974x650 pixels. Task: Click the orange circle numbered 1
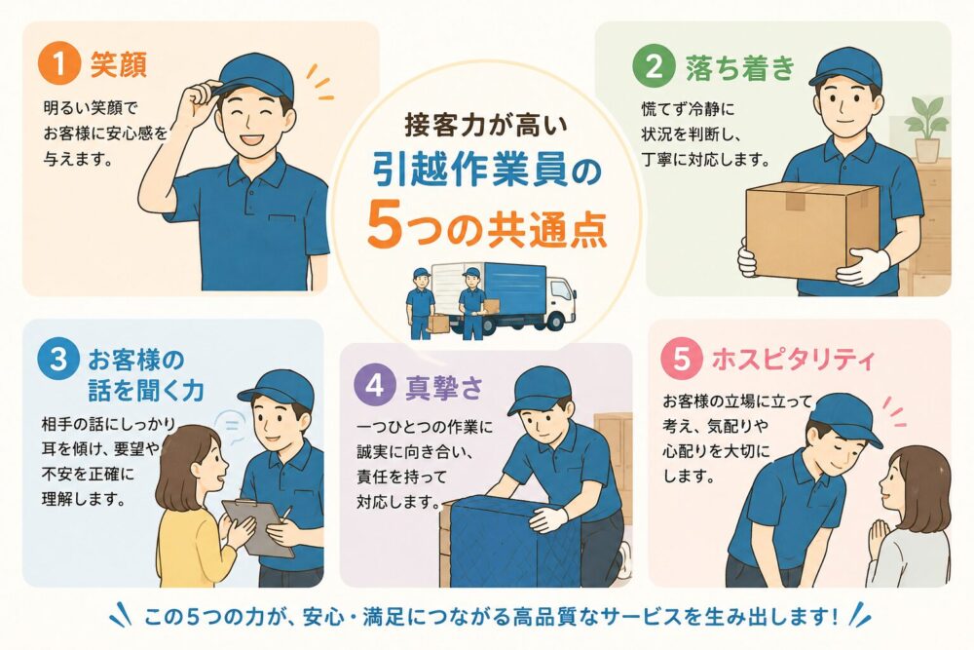click(59, 63)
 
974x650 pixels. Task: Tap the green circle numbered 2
click(654, 66)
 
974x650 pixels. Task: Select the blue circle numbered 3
click(58, 359)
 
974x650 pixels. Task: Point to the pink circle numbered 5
click(682, 359)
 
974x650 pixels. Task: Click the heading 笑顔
click(119, 64)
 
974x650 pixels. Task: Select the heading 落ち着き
click(740, 67)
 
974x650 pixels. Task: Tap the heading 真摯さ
click(443, 387)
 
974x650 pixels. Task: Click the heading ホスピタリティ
click(794, 360)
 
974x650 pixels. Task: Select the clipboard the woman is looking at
click(260, 528)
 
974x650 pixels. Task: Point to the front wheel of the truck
click(554, 320)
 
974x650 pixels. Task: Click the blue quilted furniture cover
click(515, 541)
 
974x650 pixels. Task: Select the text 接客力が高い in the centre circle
click(486, 125)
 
